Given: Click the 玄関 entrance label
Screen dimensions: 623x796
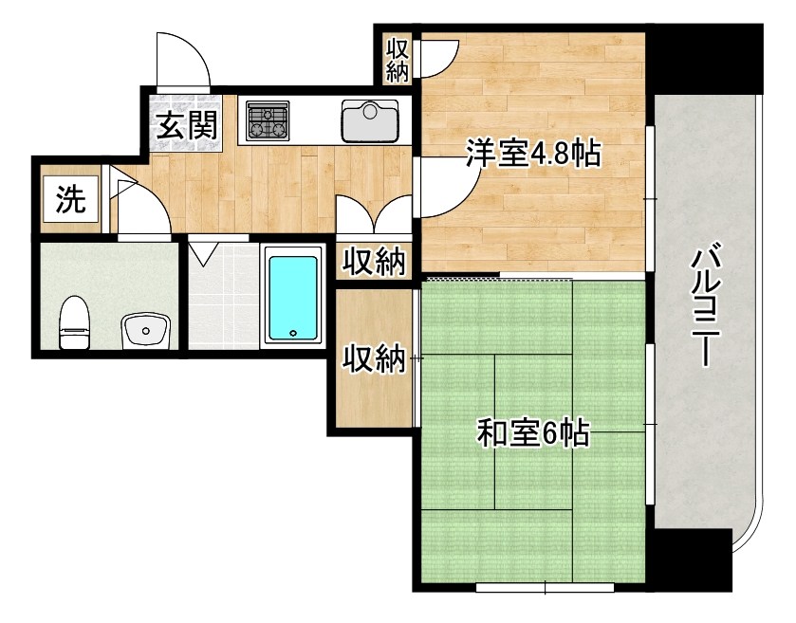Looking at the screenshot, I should [x=186, y=124].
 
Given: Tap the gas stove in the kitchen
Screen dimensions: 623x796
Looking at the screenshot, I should [x=267, y=120].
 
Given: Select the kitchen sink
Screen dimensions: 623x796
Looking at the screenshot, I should [x=371, y=119].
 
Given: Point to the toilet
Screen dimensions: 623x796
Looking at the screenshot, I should [x=73, y=323].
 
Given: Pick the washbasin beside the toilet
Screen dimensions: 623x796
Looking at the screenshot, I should [x=146, y=329].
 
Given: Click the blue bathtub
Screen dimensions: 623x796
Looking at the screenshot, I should [x=292, y=295].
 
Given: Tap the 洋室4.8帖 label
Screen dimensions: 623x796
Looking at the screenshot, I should [x=532, y=153].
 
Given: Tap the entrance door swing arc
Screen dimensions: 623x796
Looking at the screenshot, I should [x=184, y=63].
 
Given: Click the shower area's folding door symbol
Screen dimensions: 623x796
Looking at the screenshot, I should [x=203, y=254].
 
